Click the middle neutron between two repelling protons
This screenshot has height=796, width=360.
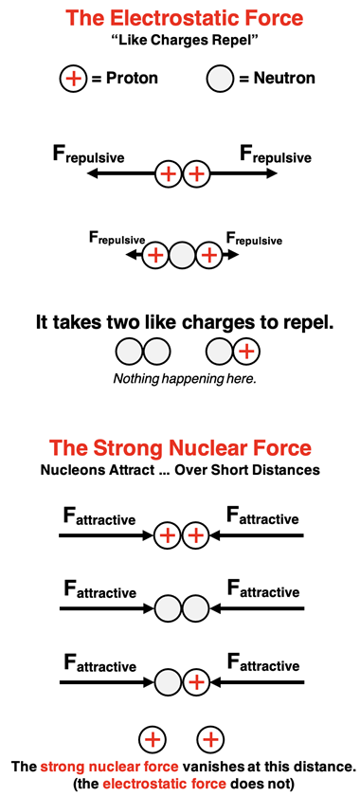pos(182,254)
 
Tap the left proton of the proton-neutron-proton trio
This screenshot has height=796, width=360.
pos(155,254)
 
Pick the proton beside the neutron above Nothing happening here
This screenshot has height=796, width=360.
pos(246,353)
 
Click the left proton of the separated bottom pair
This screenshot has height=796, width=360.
pos(153,739)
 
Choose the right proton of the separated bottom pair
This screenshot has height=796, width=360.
pos(209,739)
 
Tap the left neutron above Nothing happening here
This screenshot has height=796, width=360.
pos(129,353)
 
